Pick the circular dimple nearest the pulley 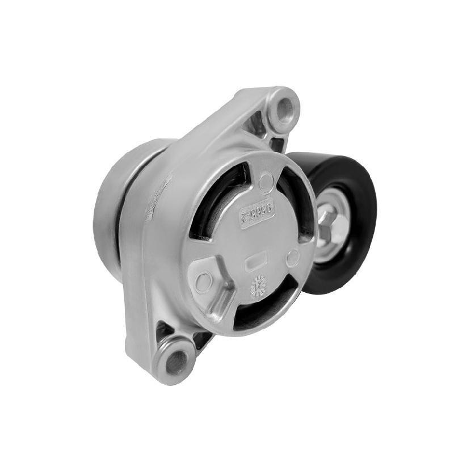[x=292, y=258]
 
